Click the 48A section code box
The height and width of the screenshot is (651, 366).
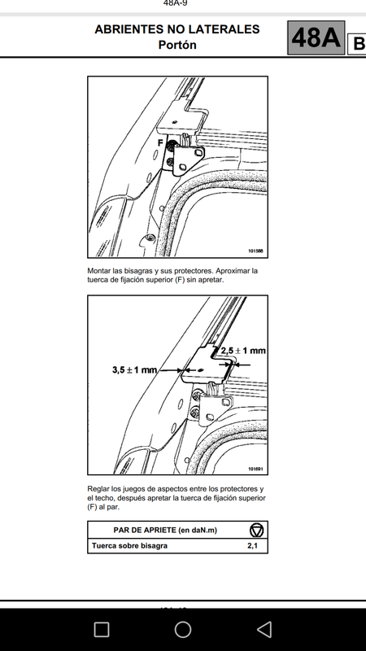(316, 37)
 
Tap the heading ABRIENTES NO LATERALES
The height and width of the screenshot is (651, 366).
(177, 29)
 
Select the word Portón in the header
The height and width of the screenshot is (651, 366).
(177, 45)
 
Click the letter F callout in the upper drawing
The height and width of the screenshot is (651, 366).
(160, 143)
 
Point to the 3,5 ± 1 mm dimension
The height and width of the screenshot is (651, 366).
(134, 369)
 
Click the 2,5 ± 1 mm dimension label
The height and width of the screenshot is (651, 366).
(242, 351)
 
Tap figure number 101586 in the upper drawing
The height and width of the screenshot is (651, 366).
(256, 251)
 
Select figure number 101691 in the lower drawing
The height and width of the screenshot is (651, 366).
(256, 470)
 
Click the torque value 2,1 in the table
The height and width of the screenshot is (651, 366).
(252, 546)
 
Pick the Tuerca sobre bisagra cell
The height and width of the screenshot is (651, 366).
(129, 546)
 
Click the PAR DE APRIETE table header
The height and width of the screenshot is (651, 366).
(165, 531)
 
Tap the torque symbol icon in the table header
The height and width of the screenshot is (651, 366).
(257, 531)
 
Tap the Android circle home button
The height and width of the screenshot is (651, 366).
(182, 629)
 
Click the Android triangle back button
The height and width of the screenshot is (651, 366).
(264, 629)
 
